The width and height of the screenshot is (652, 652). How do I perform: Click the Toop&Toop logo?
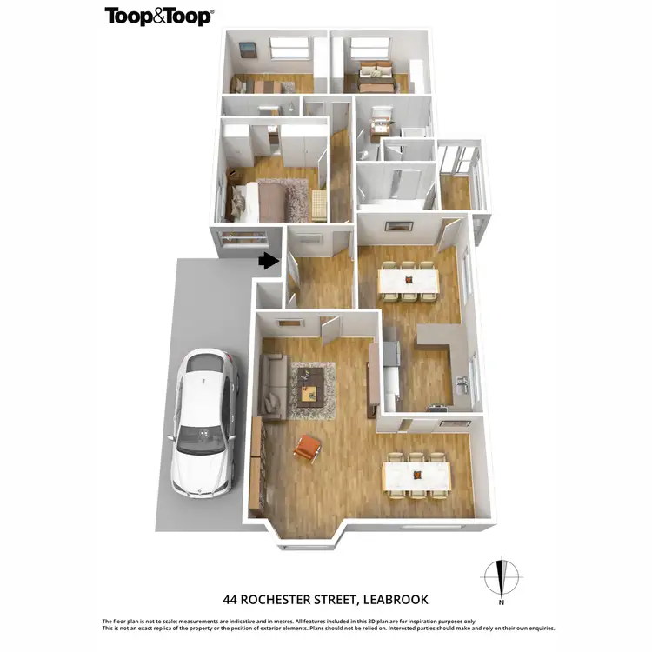(x=159, y=16)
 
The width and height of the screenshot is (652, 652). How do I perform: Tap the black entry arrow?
(x=269, y=259)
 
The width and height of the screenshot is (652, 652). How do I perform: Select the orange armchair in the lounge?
(x=309, y=449)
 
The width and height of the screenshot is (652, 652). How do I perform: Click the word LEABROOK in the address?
(x=387, y=599)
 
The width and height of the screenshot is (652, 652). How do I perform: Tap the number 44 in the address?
(x=230, y=599)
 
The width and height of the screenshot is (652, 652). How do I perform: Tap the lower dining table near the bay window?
(x=418, y=474)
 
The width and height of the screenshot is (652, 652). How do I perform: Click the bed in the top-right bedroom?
(x=375, y=83)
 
